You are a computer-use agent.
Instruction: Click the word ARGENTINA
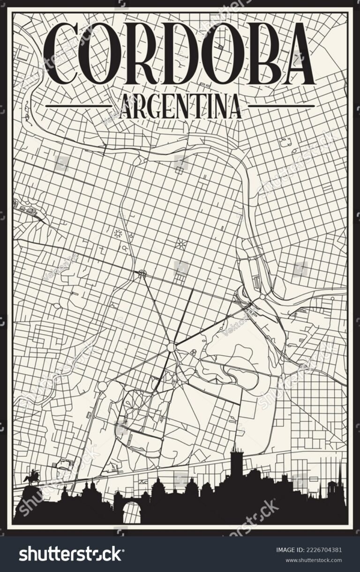pyautogui.click(x=180, y=106)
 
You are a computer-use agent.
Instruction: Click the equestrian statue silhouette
pyautogui.click(x=32, y=478)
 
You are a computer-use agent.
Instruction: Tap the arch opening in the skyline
pyautogui.click(x=132, y=511)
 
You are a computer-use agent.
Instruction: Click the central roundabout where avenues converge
pyautogui.click(x=171, y=347)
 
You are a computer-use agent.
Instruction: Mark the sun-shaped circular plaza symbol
pyautogui.click(x=118, y=233)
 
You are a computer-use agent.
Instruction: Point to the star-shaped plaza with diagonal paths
pyautogui.click(x=180, y=244)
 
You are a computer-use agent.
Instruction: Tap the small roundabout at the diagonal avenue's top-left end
pyautogui.click(x=142, y=273)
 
